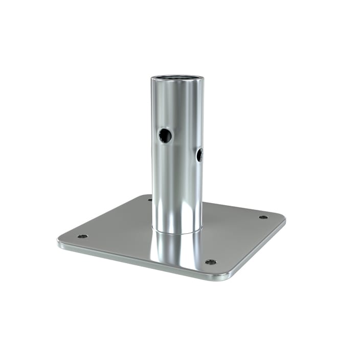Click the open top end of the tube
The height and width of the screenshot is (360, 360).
[177, 77]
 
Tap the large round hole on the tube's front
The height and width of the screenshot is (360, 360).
[165, 136]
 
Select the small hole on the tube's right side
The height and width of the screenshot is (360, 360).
[199, 154]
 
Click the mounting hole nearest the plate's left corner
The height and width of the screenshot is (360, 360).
[82, 236]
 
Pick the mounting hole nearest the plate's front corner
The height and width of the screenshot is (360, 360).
[210, 262]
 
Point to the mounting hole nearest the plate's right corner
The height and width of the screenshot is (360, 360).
[263, 217]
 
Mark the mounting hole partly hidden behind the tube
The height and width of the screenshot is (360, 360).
[150, 199]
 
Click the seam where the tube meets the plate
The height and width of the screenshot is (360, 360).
[177, 232]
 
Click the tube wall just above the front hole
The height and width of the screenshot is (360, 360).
[165, 115]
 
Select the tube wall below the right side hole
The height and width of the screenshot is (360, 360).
[198, 184]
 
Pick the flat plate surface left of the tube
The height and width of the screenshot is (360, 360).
[118, 225]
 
